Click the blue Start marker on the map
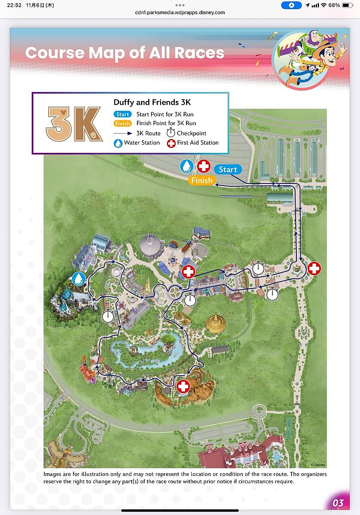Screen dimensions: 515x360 [228, 169]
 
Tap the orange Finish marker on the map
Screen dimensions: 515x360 [201, 181]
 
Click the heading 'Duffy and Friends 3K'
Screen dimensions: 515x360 [152, 103]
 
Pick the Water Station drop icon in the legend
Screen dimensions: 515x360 [118, 143]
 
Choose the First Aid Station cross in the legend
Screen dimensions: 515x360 [171, 143]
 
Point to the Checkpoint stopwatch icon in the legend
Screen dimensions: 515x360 [171, 133]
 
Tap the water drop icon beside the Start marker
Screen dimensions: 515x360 [186, 166]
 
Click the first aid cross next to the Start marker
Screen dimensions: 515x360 [204, 166]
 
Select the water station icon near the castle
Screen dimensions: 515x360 [79, 278]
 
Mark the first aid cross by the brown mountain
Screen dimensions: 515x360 [183, 387]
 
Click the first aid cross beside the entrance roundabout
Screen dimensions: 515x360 [314, 268]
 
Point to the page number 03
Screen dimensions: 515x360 [338, 503]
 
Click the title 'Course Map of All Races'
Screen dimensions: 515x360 [124, 53]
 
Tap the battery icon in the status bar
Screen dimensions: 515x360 [348, 5]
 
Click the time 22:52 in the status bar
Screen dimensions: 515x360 [14, 5]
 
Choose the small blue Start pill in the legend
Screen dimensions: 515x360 [122, 114]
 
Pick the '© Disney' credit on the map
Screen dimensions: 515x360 [317, 465]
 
